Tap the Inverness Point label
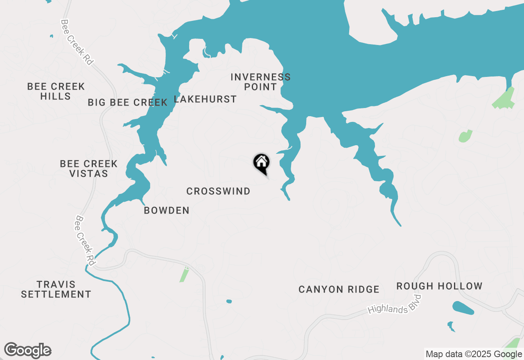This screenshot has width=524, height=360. tap(260, 82)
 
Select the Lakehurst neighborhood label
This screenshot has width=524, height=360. tap(205, 99)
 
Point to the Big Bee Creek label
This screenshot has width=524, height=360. tap(128, 102)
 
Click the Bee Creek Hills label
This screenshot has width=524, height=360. tap(56, 91)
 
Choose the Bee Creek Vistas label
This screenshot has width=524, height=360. tap(88, 169)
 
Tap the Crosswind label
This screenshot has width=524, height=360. tap(218, 191)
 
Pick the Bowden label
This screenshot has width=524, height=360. tap(167, 210)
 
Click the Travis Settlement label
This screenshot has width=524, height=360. tap(56, 289)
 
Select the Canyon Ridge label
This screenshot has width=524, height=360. tap(339, 289)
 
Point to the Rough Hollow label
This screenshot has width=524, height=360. tap(439, 286)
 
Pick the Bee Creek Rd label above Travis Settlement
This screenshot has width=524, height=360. tap(85, 241)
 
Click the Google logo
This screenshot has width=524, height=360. tap(27, 350)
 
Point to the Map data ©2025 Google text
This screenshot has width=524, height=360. tap(474, 354)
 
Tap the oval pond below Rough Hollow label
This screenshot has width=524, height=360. tap(463, 308)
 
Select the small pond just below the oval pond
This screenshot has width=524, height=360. tap(451, 326)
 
